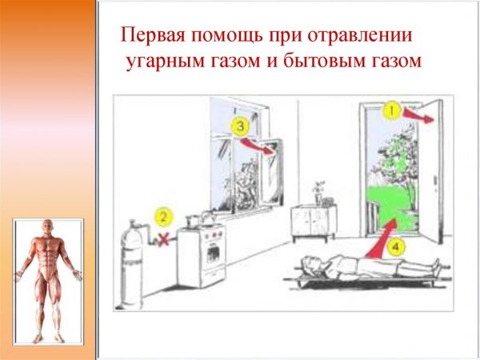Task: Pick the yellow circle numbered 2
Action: pyautogui.click(x=163, y=217)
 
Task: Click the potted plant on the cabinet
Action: pyautogui.click(x=318, y=191)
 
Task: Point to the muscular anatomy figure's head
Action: pyautogui.click(x=49, y=230)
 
